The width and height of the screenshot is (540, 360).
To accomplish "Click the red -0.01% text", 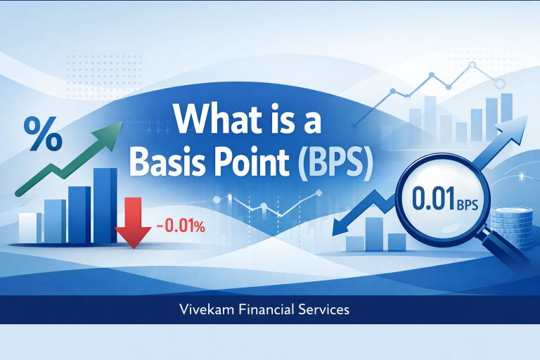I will pyautogui.click(x=180, y=226).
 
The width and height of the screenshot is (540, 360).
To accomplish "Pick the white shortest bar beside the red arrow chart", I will pyautogui.click(x=30, y=226).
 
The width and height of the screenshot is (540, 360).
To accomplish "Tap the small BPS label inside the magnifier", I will pyautogui.click(x=467, y=205).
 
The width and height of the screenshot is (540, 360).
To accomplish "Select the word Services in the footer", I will pyautogui.click(x=326, y=309).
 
